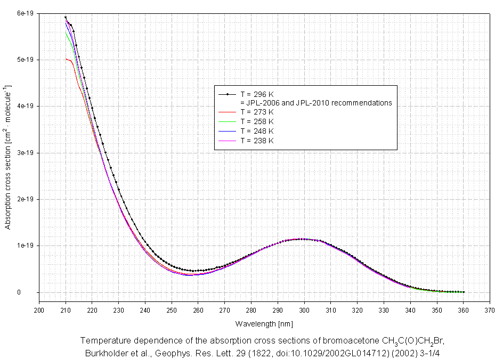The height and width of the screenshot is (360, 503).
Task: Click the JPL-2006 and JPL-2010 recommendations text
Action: coord(316,103)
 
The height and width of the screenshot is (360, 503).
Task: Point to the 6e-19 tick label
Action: coord(24,13)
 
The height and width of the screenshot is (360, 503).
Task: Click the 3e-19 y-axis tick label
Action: coord(24,153)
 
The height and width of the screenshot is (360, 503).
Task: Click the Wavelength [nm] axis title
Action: coord(264,323)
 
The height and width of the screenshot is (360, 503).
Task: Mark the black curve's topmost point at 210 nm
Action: coord(66,17)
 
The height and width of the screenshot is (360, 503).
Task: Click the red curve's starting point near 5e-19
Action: coord(66,59)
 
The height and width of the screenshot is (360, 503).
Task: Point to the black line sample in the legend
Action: coord(228,94)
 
